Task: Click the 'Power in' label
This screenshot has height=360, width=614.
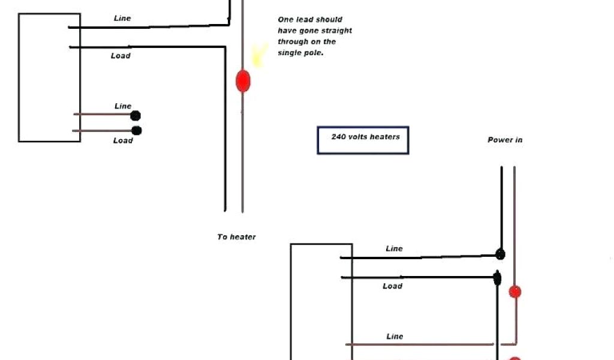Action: click(504, 140)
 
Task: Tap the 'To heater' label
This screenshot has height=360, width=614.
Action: click(236, 237)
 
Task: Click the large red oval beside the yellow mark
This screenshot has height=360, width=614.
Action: click(242, 80)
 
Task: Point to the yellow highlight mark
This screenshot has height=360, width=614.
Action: click(259, 55)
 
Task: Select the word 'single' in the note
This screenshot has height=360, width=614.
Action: click(290, 53)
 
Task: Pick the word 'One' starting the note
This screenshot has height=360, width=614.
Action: click(285, 20)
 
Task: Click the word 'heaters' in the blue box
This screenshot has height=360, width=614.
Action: click(384, 136)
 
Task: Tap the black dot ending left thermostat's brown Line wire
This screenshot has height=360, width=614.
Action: click(136, 116)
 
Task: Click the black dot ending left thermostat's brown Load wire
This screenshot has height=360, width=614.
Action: click(137, 130)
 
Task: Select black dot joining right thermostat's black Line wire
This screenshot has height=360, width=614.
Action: click(500, 255)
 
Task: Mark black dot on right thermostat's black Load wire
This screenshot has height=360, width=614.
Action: click(497, 278)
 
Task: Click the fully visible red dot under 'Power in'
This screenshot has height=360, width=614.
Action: click(514, 292)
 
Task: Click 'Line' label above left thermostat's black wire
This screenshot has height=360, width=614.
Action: click(122, 18)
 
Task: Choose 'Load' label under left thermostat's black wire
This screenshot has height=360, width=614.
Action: click(121, 56)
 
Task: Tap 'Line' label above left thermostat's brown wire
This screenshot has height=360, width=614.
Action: click(123, 106)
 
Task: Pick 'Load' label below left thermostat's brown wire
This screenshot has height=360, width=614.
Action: click(123, 140)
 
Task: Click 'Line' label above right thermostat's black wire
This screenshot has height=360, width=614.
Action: click(394, 248)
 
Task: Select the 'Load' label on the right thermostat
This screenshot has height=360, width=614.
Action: click(392, 286)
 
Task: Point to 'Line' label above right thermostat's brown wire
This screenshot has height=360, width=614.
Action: click(395, 337)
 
